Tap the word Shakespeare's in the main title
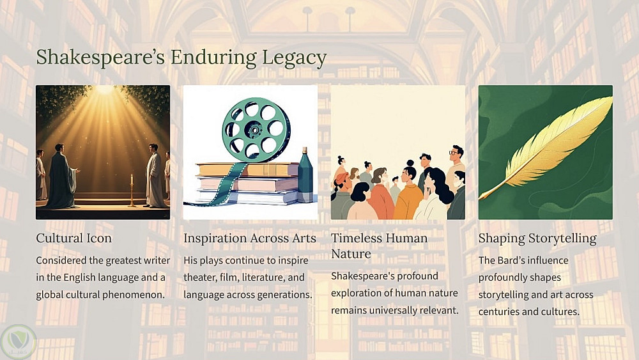100,57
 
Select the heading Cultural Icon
73,238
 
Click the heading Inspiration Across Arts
250,238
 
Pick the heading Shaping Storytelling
537,239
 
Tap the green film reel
256,130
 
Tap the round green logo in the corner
19,341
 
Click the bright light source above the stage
104,90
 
